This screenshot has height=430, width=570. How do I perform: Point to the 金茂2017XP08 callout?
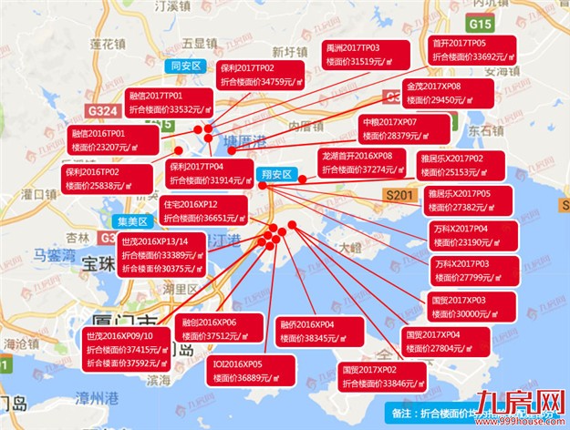pyautogui.click(x=447, y=92)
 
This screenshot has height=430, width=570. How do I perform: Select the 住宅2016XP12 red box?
pyautogui.click(x=203, y=210)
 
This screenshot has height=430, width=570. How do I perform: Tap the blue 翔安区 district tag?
pyautogui.click(x=275, y=173)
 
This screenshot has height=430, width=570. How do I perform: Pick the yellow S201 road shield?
pyautogui.click(x=399, y=196)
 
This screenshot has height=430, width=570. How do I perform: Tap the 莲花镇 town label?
pyautogui.click(x=107, y=43)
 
